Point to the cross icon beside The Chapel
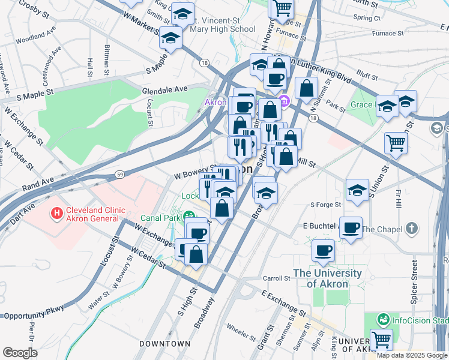(411, 228)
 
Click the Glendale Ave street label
(164, 89)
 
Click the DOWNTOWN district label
(165, 344)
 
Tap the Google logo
(20, 353)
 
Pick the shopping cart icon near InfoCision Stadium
(381, 339)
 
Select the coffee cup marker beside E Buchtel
(351, 227)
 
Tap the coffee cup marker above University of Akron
(323, 250)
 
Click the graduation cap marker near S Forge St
(357, 190)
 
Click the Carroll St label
(277, 278)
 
